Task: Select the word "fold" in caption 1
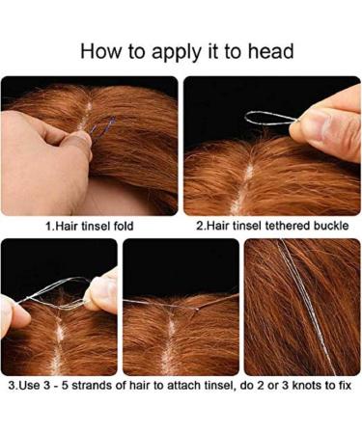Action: [124, 226]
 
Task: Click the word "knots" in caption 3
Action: [305, 385]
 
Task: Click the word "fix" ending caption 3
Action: [345, 385]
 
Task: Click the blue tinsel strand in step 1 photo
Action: [103, 128]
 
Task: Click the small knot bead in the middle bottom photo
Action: [197, 310]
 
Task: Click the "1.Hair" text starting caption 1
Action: [62, 226]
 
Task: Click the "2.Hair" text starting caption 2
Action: [212, 226]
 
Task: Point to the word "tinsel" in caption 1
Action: [96, 226]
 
